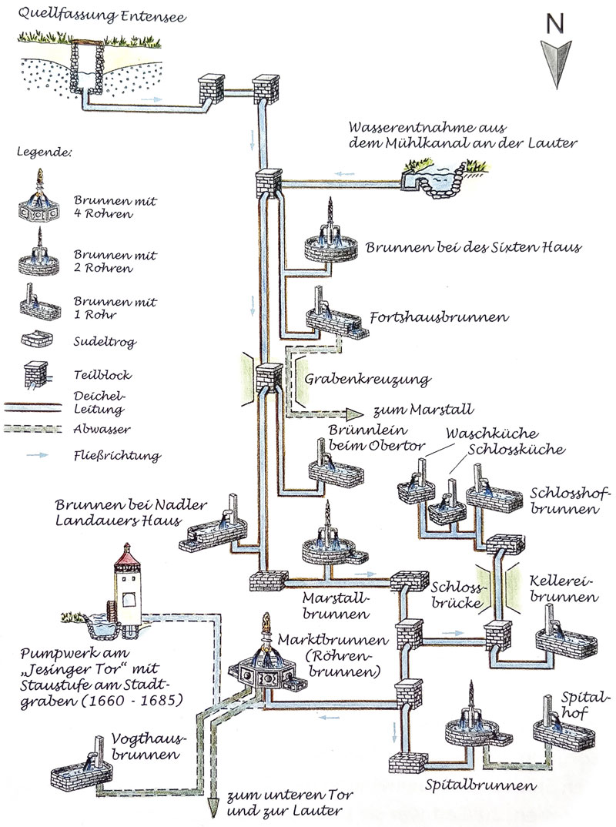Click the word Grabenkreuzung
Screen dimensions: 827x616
[x=367, y=380]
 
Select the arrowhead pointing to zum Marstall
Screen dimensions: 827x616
[x=356, y=413]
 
